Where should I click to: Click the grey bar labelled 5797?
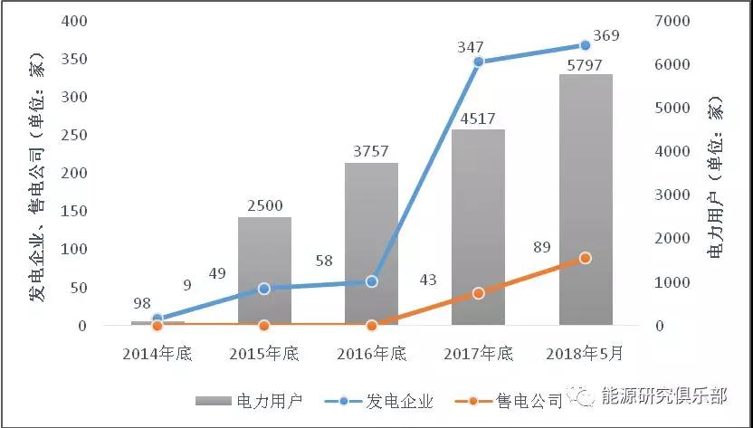pyautogui.click(x=586, y=199)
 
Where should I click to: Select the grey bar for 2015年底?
pyautogui.click(x=264, y=271)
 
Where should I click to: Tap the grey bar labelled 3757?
pyautogui.click(x=371, y=243)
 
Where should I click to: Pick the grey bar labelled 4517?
pyautogui.click(x=478, y=226)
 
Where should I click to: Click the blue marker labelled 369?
pyautogui.click(x=585, y=44)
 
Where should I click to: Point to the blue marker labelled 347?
pyautogui.click(x=478, y=62)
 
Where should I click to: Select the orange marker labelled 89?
pyautogui.click(x=585, y=258)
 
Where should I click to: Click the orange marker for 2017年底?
pyautogui.click(x=478, y=293)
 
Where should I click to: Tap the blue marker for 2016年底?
pyautogui.click(x=371, y=281)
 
